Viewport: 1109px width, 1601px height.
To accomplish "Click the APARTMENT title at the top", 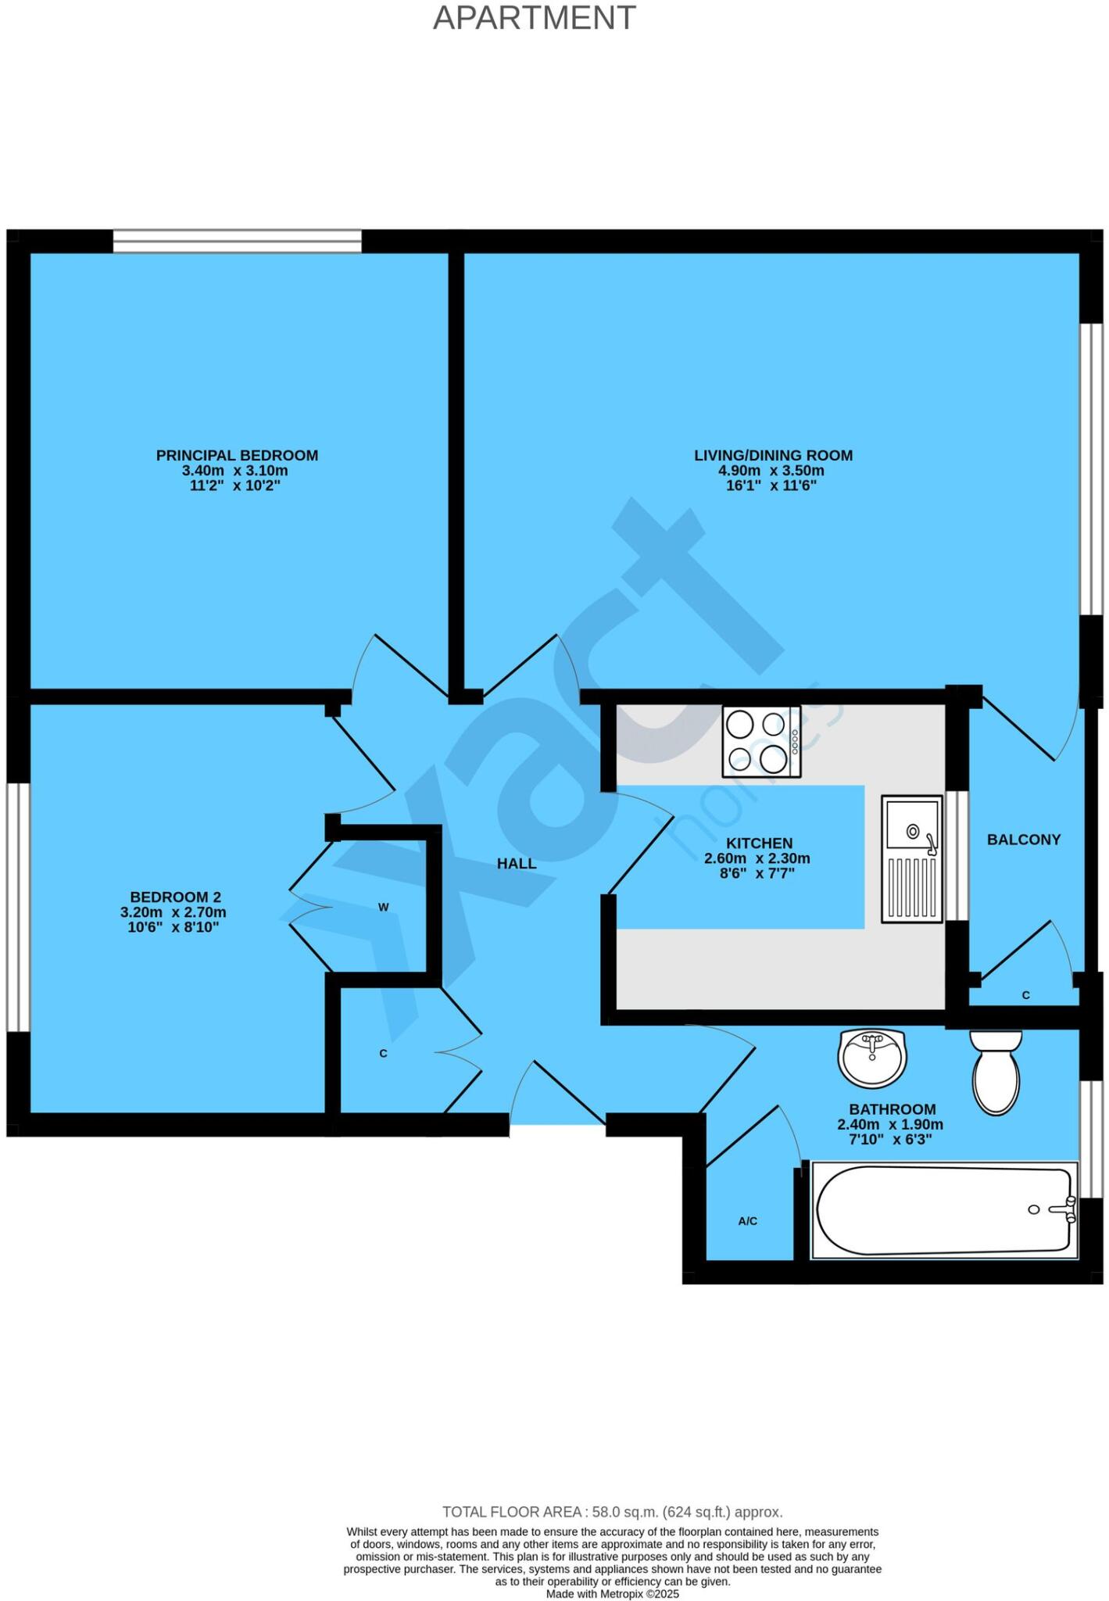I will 535,18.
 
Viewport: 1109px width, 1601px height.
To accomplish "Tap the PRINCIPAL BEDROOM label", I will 237,455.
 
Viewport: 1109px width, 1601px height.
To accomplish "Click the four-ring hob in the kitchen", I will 761,741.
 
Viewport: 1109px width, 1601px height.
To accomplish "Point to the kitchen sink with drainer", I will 911,858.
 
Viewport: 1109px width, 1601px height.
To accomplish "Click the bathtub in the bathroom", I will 944,1209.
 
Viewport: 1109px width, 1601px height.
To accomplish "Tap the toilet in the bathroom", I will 996,1072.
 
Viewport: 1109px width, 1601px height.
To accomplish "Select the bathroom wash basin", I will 874,1057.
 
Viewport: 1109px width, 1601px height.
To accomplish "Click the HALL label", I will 517,863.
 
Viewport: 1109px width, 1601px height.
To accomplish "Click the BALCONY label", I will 1023,840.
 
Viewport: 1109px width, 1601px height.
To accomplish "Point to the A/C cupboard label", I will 747,1221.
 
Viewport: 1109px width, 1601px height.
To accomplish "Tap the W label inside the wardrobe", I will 384,908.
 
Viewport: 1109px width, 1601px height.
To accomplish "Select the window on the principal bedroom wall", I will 237,241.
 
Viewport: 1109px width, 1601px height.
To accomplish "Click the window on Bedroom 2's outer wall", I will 18,907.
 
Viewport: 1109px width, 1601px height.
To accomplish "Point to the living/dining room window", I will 1091,469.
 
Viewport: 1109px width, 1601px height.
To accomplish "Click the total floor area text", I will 612,1512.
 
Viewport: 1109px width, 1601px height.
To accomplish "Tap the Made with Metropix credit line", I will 612,1594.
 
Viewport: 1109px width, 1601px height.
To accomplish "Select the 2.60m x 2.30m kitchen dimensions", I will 757,858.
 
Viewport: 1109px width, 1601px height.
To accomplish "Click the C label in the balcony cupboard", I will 1025,995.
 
